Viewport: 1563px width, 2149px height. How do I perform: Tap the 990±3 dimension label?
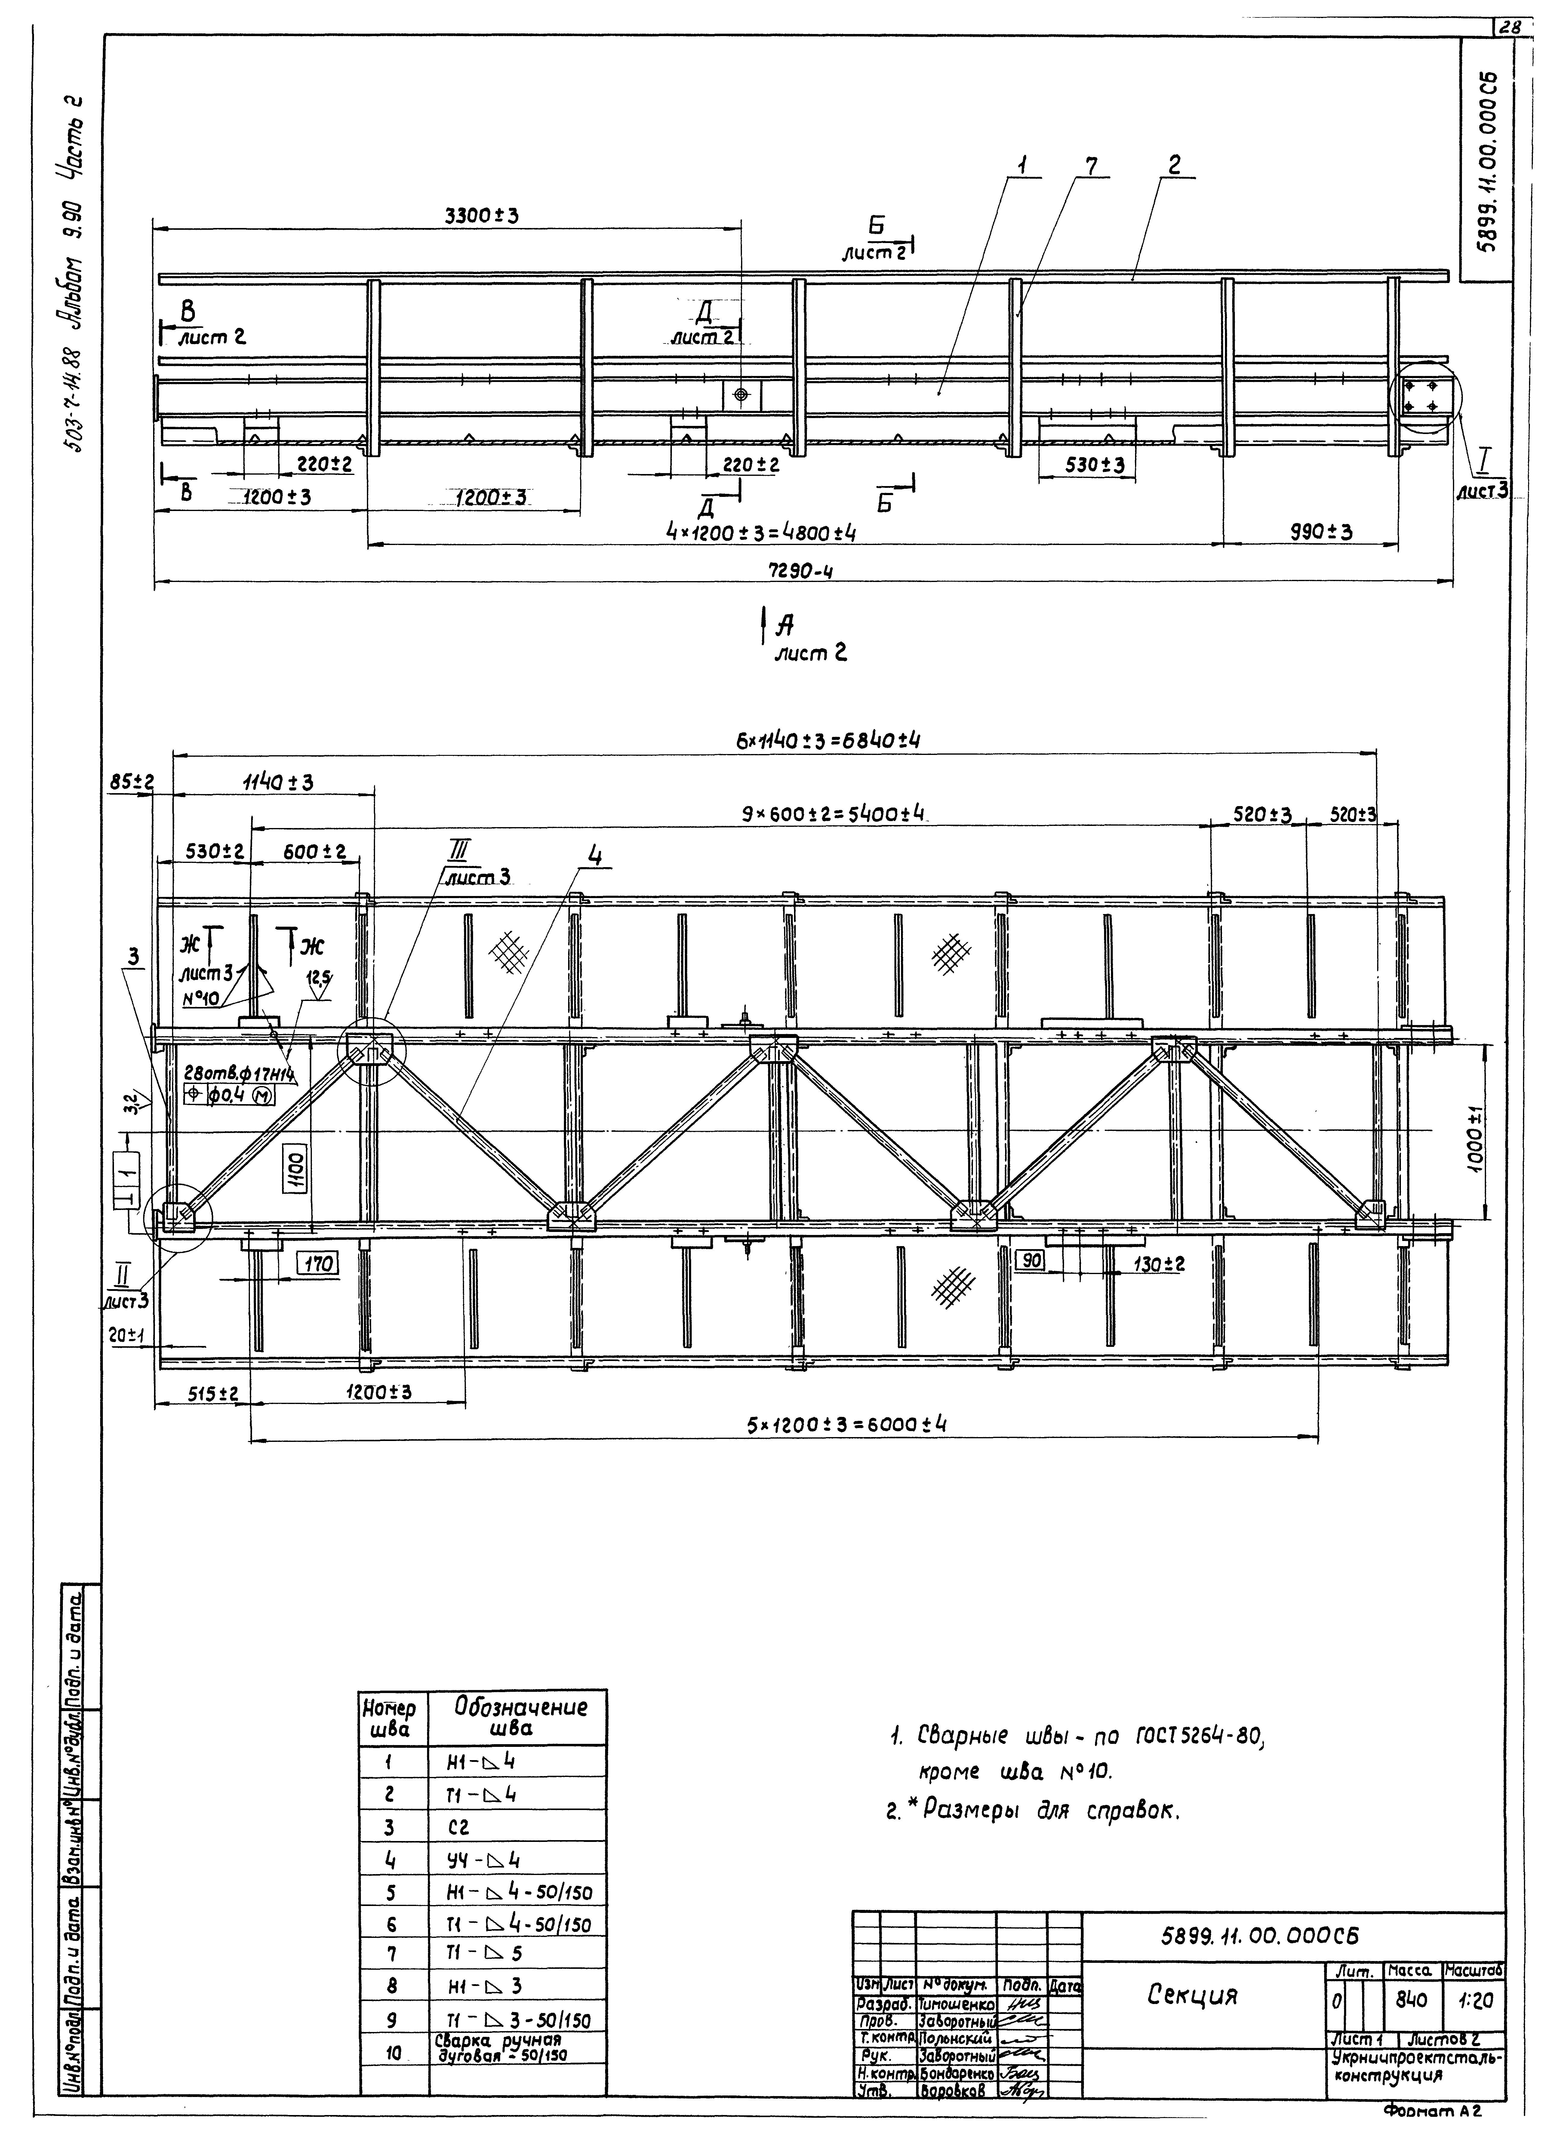[x=1321, y=532]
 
